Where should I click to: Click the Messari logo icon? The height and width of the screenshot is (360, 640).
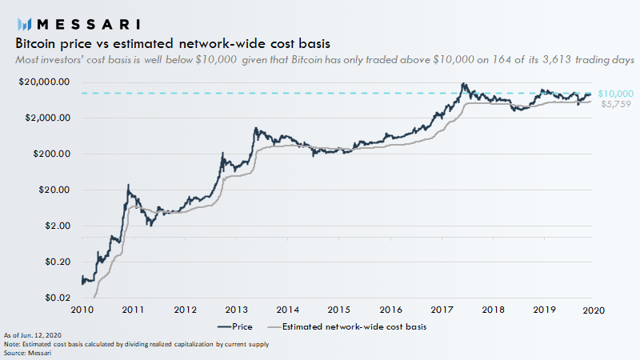pyautogui.click(x=24, y=24)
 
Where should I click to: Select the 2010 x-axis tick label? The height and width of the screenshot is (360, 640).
pyautogui.click(x=82, y=310)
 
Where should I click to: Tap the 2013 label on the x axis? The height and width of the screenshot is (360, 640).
pyautogui.click(x=236, y=310)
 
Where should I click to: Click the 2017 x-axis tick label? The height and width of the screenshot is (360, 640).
pyautogui.click(x=441, y=310)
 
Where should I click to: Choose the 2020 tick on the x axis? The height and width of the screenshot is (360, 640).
pyautogui.click(x=594, y=310)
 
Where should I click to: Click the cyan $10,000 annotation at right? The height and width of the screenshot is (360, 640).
pyautogui.click(x=615, y=94)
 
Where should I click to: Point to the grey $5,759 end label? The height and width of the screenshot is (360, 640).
pyautogui.click(x=612, y=104)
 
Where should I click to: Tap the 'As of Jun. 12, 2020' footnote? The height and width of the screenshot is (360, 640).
pyautogui.click(x=32, y=334)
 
